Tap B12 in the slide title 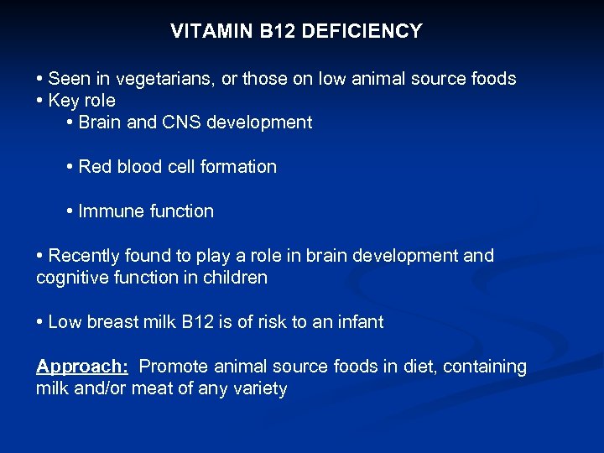[x=273, y=32]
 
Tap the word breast [x=114, y=322]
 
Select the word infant [x=360, y=322]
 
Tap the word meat [x=153, y=388]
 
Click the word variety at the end [x=260, y=388]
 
